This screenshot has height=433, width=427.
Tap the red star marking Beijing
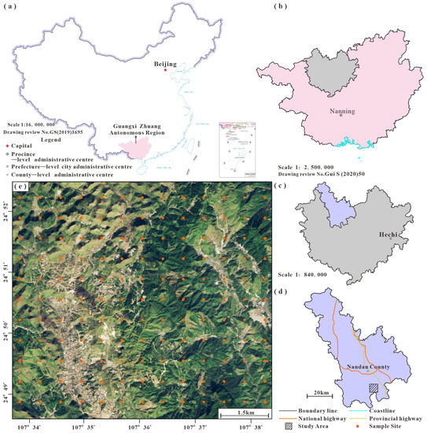[x=165, y=69]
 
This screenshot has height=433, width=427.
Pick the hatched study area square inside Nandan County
[x=374, y=388]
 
